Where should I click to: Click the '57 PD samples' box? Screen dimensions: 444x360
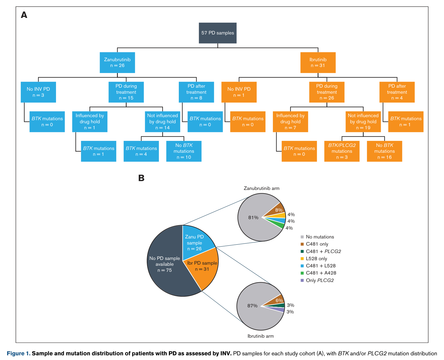click(217, 33)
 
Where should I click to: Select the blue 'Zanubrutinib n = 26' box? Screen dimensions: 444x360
click(117, 63)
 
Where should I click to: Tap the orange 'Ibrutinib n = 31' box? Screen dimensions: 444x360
click(318, 63)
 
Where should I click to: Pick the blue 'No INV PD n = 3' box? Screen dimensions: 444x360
click(38, 92)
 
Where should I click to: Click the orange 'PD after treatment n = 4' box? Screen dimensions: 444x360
click(397, 92)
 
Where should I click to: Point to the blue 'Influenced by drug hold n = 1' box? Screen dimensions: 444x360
click(90, 122)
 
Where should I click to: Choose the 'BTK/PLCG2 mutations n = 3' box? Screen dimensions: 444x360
click(342, 151)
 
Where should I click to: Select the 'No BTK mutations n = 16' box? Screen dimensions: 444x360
click(384, 151)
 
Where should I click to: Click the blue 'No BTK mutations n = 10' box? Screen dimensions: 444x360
click(184, 151)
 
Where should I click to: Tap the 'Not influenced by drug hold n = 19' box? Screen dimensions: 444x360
click(363, 122)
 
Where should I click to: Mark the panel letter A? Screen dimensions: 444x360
click(24, 15)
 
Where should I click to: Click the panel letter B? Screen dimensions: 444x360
click(141, 178)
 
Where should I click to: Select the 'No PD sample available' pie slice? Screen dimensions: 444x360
click(165, 264)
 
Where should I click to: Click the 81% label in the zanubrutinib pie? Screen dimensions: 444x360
click(253, 217)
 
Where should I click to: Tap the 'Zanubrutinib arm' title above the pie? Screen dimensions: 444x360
click(261, 188)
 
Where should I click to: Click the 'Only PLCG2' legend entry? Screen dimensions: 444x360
click(317, 280)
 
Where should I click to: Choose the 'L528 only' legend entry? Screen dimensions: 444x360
click(314, 259)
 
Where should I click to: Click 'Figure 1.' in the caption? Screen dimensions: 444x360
click(18, 353)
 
